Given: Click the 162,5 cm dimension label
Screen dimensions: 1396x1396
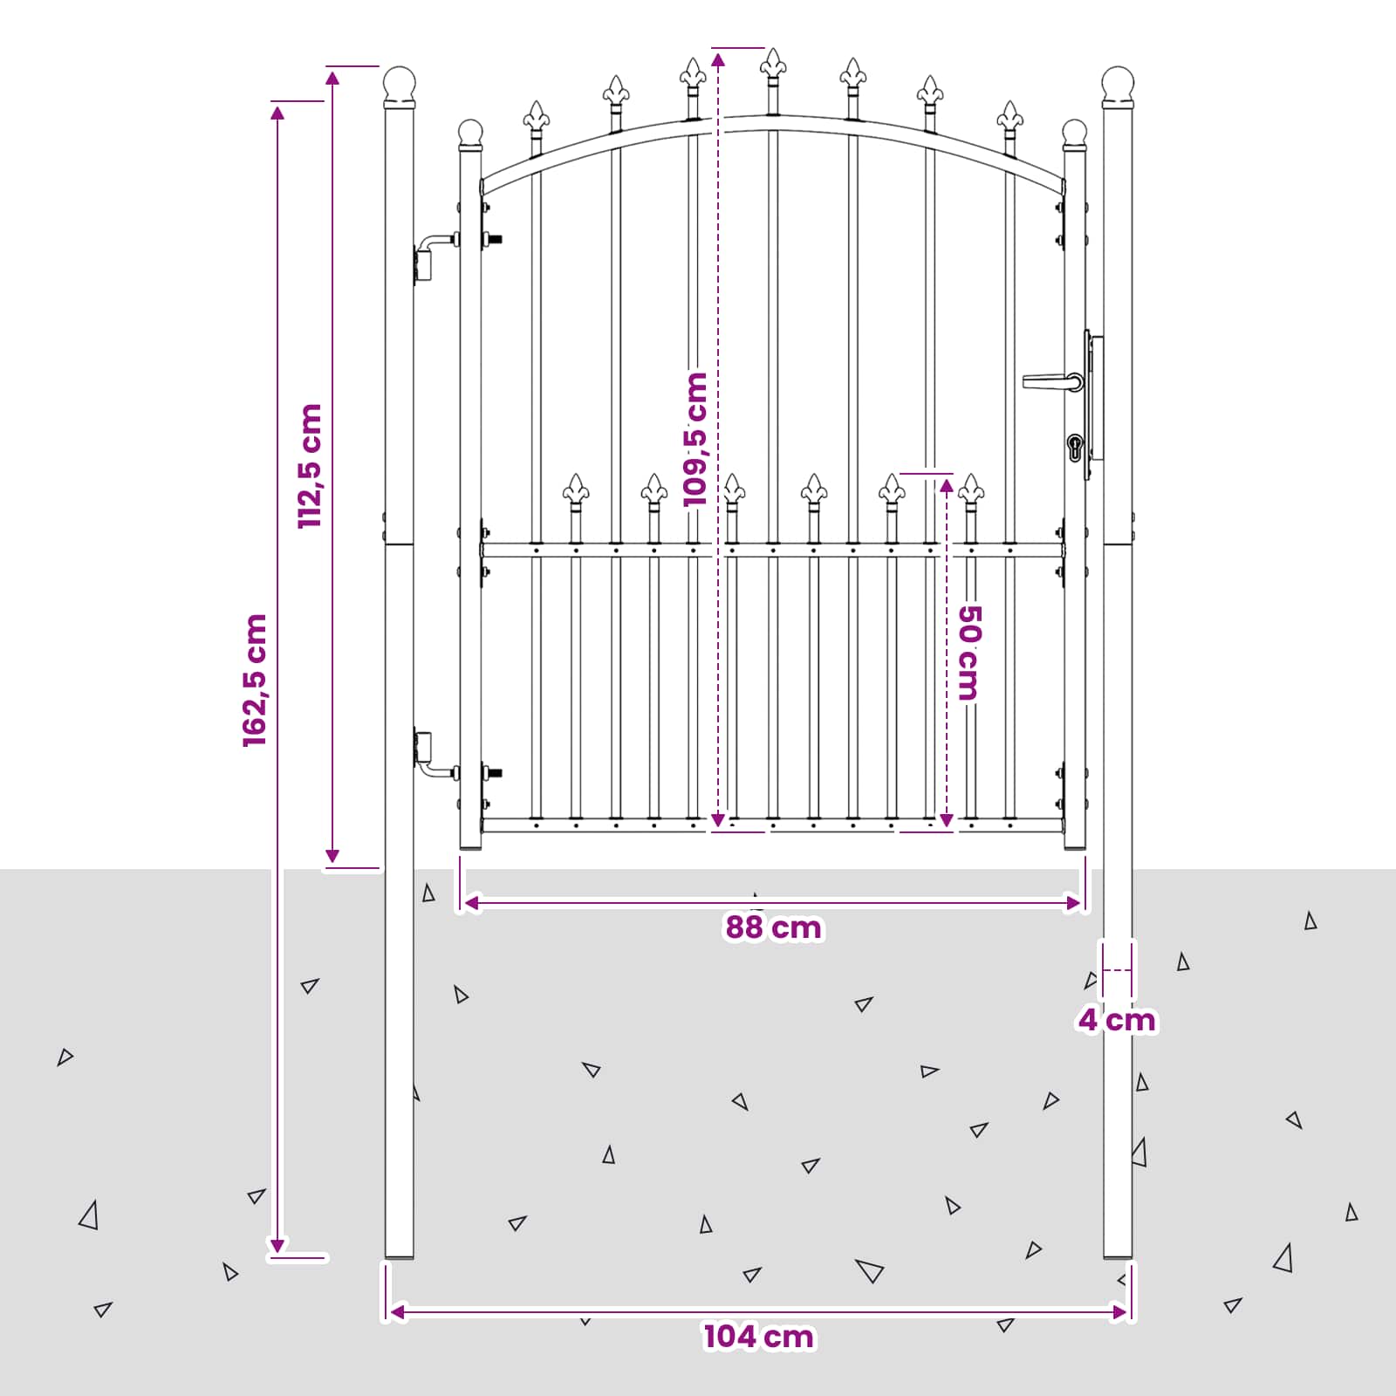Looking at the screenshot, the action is click(255, 681).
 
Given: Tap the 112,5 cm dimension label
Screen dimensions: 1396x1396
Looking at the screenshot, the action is click(310, 466).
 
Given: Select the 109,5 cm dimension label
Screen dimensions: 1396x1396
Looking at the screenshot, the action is click(695, 439).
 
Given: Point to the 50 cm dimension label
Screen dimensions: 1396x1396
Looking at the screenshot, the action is click(969, 653).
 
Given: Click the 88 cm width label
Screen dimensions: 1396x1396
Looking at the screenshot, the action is click(773, 927).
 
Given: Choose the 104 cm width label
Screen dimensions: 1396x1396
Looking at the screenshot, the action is click(759, 1337).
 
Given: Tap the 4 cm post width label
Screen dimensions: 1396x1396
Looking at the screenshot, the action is click(1117, 1020).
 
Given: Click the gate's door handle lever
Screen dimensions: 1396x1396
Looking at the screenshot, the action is click(1052, 381).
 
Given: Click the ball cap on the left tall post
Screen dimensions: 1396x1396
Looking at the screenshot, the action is click(400, 84).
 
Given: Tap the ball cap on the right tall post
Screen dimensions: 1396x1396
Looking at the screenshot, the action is click(1118, 84).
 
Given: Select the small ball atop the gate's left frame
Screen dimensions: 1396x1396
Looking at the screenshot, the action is click(470, 133).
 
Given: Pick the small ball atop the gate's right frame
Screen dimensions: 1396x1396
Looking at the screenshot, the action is click(1075, 133).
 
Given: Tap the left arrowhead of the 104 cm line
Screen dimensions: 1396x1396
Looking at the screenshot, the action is click(397, 1311).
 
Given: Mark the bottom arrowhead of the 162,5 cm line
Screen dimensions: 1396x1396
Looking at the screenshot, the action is click(277, 1246).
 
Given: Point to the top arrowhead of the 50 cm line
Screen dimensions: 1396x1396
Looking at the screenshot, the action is click(947, 486).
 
